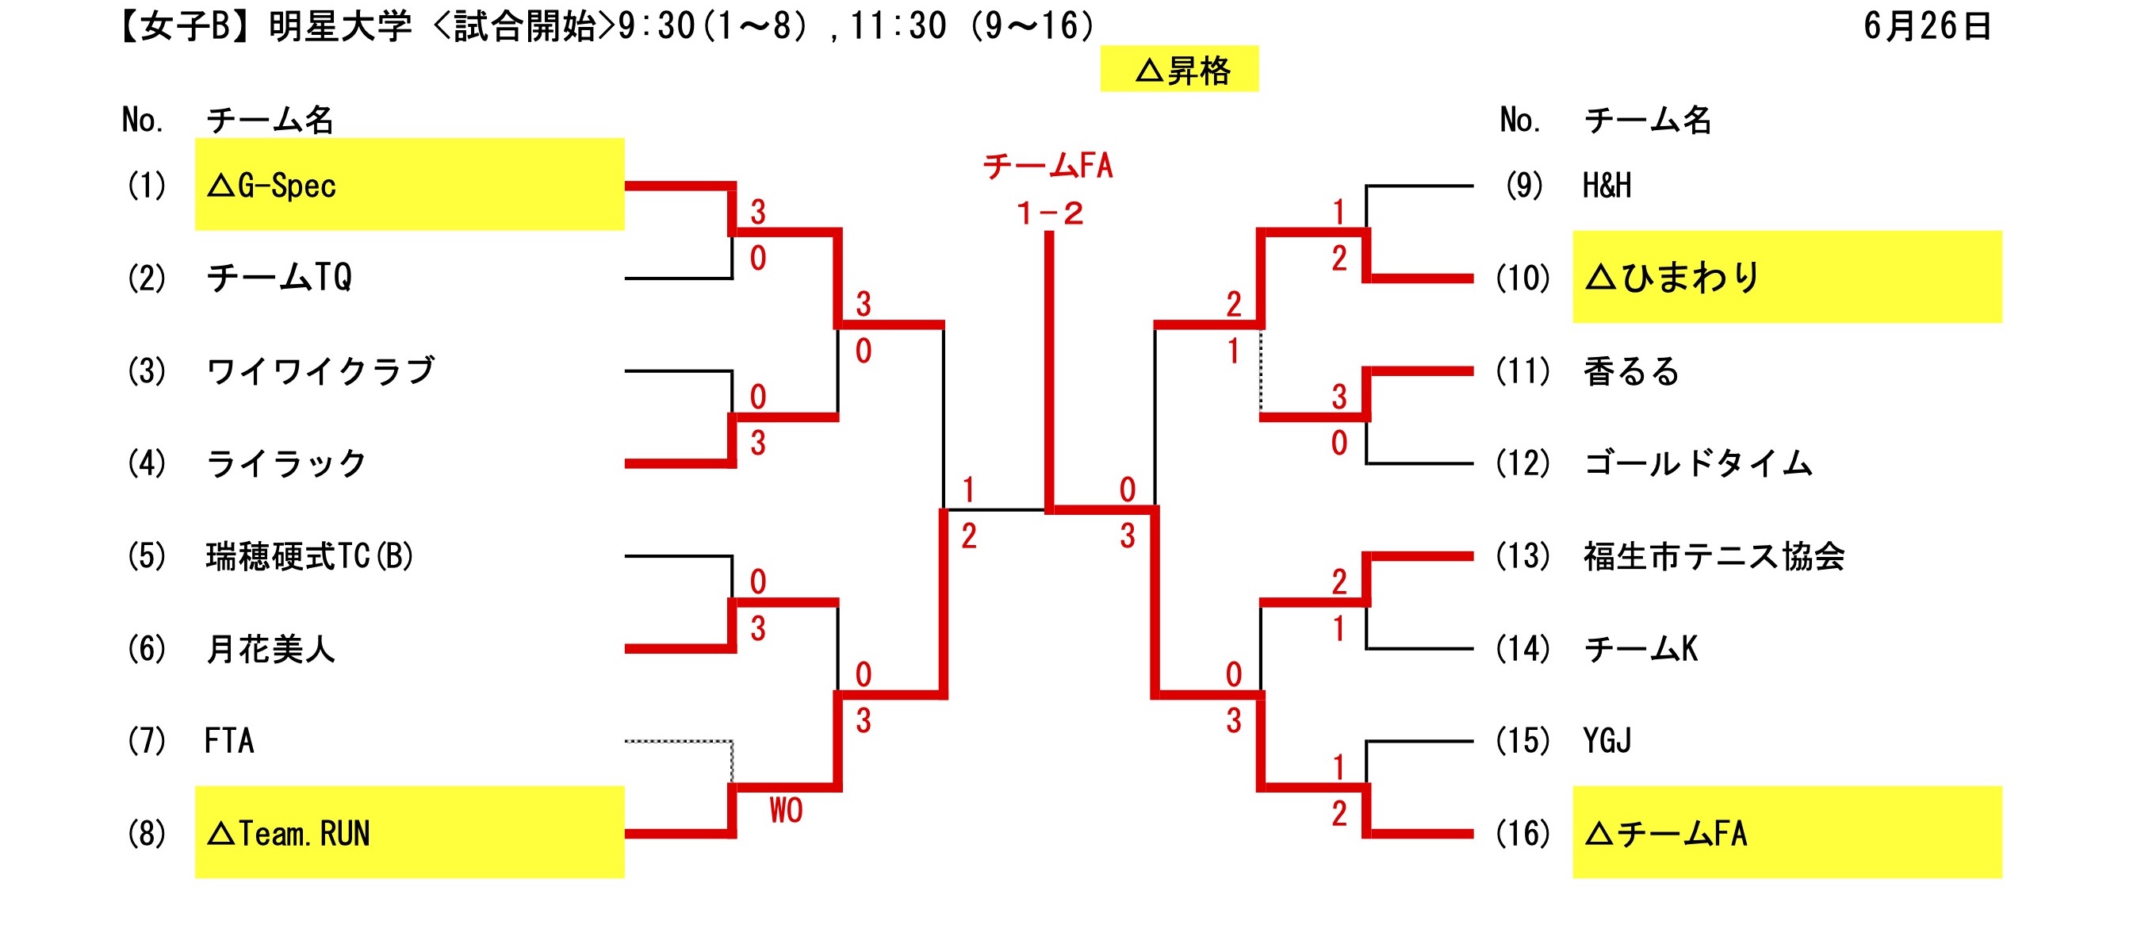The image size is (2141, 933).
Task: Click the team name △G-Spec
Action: coord(271,186)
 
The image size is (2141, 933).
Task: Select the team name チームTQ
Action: coord(279,278)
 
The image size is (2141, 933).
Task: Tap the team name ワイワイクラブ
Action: coord(321,371)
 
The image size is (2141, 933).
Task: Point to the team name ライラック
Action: coord(286,463)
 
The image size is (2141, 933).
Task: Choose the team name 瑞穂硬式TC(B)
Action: coord(309,555)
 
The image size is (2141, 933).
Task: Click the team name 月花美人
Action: coord(270,649)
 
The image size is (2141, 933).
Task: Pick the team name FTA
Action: coord(229,741)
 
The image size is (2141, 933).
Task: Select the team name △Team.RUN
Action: coord(288,833)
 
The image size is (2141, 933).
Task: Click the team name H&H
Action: coord(1607,186)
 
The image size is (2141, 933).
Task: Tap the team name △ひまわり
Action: coord(1672,278)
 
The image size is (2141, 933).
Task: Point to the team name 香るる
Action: coord(1630,371)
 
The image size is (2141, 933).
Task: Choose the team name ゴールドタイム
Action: coord(1698,463)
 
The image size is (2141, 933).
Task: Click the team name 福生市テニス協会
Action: coord(1714,555)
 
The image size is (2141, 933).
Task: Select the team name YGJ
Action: coord(1607,741)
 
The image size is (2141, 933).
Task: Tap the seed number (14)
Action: coord(1522,649)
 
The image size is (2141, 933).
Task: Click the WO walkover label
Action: coord(785,810)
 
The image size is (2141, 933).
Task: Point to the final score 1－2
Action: coord(1050,213)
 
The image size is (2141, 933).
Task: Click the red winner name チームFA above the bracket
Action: coord(1048,167)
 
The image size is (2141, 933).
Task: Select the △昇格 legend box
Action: coord(1179,70)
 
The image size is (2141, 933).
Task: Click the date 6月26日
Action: coord(1927,27)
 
